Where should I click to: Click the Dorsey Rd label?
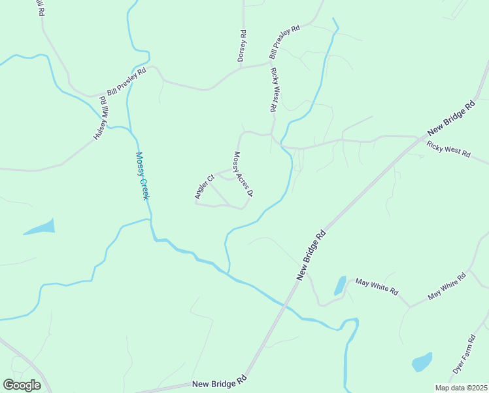(x=242, y=47)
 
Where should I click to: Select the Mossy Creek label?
(x=143, y=176)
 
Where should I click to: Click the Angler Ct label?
(x=204, y=187)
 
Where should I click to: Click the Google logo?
(x=22, y=384)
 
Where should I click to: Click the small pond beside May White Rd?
(x=340, y=286)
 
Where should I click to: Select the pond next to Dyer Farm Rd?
(x=422, y=361)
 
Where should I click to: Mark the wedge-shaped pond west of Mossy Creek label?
(x=41, y=228)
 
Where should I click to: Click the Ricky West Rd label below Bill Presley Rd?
(x=277, y=89)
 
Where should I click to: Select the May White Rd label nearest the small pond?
(x=377, y=287)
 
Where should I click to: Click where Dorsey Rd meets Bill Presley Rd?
(x=241, y=66)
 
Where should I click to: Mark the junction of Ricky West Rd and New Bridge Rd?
(x=418, y=138)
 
